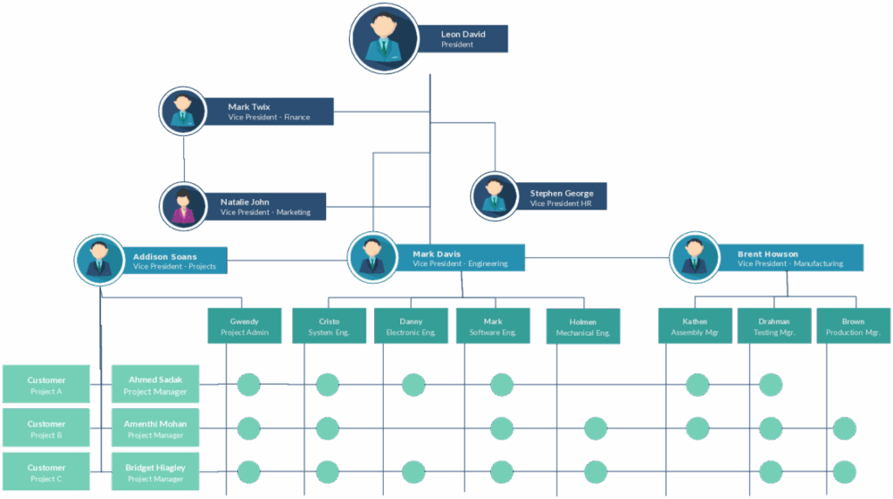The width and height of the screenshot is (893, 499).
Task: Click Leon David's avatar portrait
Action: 385,38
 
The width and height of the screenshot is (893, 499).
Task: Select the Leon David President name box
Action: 462,38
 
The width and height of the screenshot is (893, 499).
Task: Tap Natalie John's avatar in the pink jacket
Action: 183,206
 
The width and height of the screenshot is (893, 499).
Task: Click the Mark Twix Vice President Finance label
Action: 269,112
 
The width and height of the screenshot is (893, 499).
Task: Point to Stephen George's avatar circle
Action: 494,196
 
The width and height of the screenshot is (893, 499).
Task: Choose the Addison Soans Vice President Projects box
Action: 174,260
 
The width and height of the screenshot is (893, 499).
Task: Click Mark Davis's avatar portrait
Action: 372,257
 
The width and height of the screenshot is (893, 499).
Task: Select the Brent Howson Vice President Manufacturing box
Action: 790,258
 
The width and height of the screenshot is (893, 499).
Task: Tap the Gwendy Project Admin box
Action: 244,325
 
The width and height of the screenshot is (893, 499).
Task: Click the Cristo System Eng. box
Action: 329,325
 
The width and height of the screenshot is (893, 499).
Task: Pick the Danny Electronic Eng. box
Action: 412,325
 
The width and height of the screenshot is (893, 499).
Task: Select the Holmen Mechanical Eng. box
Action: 583,326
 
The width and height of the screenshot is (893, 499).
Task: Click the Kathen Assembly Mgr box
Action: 695,325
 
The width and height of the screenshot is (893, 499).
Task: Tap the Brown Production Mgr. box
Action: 854,325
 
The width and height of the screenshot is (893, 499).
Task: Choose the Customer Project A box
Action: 46,384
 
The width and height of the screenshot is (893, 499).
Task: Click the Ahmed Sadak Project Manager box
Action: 155,384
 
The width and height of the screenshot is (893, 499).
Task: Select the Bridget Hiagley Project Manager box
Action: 155,472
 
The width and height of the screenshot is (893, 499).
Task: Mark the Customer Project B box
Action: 46,427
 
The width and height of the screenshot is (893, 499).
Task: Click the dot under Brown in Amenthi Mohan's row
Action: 844,428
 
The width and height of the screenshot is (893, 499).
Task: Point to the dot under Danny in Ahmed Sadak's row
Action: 413,385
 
